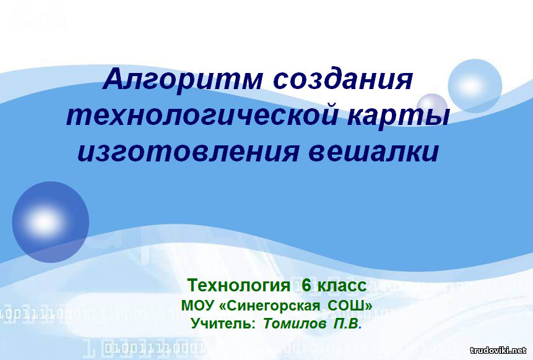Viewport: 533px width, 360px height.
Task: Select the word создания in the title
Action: [x=343, y=79]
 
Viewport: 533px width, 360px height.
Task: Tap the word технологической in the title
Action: [x=202, y=116]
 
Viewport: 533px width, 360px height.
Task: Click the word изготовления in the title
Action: [x=188, y=151]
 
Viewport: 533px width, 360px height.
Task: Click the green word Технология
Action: [x=238, y=285]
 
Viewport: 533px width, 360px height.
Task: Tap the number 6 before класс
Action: [x=306, y=285]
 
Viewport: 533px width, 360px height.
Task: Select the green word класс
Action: [x=342, y=285]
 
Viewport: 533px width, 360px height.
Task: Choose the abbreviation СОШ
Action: [x=350, y=306]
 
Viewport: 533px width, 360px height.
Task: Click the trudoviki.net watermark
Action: [x=498, y=350]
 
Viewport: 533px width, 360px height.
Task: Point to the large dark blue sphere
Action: [x=51, y=222]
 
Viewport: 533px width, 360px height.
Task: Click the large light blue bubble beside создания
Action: [x=475, y=86]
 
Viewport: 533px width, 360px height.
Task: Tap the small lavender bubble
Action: [x=431, y=105]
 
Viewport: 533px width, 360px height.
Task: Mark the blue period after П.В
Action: [x=360, y=328]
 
